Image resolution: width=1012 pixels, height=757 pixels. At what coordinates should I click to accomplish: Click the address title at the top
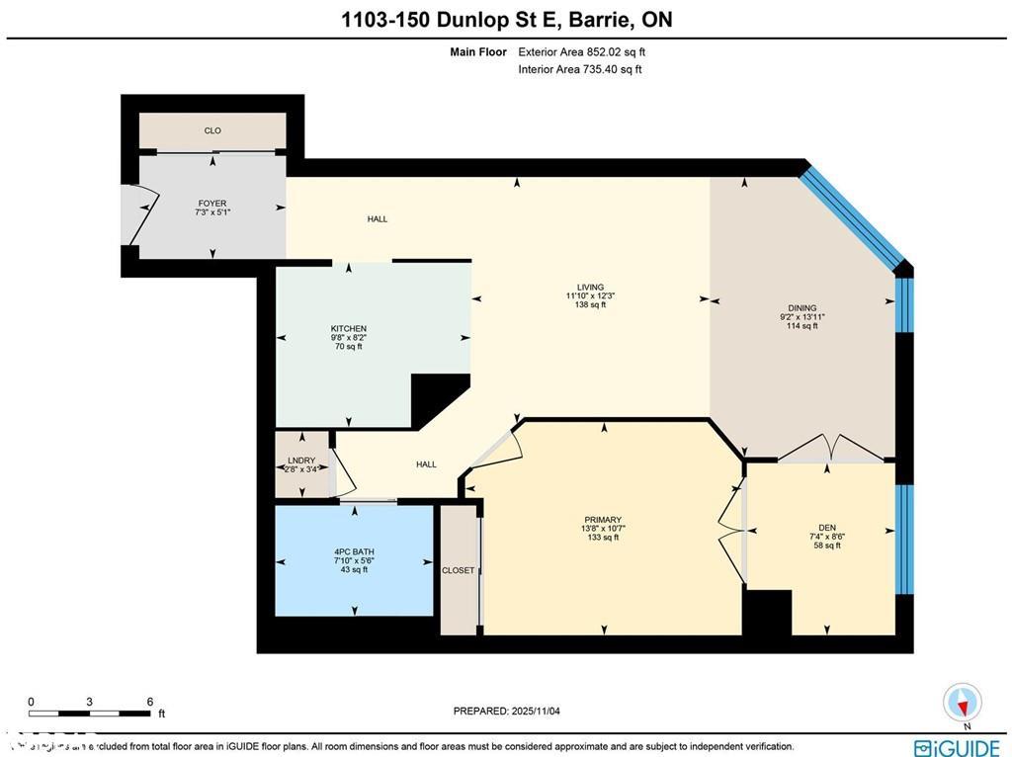[x=506, y=20]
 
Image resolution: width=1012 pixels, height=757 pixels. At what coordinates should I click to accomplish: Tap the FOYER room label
[x=212, y=204]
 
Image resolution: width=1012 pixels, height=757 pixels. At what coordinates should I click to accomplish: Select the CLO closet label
[x=212, y=130]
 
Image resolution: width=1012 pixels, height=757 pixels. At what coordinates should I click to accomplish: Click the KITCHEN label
[x=348, y=329]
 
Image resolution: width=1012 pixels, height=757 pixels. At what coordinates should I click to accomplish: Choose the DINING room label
[x=801, y=307]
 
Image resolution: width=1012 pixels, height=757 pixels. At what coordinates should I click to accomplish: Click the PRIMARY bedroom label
[x=602, y=520]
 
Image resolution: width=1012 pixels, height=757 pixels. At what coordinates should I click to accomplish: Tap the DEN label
[x=828, y=527]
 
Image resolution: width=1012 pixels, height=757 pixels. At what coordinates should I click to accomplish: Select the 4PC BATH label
[x=353, y=551]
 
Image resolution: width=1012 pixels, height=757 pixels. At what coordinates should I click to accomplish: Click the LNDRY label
[x=301, y=461]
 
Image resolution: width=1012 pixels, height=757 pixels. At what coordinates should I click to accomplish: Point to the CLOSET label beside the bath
[x=459, y=570]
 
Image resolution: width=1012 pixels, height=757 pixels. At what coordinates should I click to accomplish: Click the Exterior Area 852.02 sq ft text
[x=581, y=51]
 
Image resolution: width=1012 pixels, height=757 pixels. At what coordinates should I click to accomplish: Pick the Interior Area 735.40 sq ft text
[x=579, y=69]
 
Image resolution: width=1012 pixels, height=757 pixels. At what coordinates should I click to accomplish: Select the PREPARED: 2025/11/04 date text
[x=505, y=711]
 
